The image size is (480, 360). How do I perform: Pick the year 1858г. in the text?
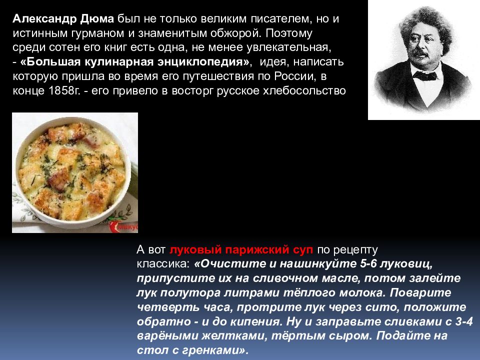click(x=60, y=92)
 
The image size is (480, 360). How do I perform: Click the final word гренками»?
click(x=216, y=350)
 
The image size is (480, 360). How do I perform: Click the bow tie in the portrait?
click(x=424, y=76)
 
